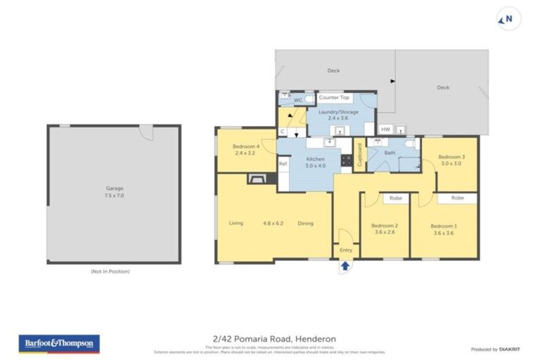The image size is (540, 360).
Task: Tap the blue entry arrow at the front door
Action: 345,266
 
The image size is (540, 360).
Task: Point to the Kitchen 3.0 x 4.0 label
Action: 314,164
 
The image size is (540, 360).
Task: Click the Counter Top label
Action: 334,98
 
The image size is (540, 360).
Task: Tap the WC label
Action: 298,100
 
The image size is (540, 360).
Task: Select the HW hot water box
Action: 385,129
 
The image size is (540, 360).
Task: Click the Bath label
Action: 390,153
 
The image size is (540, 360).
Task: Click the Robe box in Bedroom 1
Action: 457,198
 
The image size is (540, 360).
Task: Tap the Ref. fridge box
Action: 283,164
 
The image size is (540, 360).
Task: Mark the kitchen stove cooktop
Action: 346,160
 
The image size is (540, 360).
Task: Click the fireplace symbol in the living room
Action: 255,179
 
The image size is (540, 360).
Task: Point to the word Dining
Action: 305,223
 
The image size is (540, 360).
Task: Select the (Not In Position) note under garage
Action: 110,271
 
